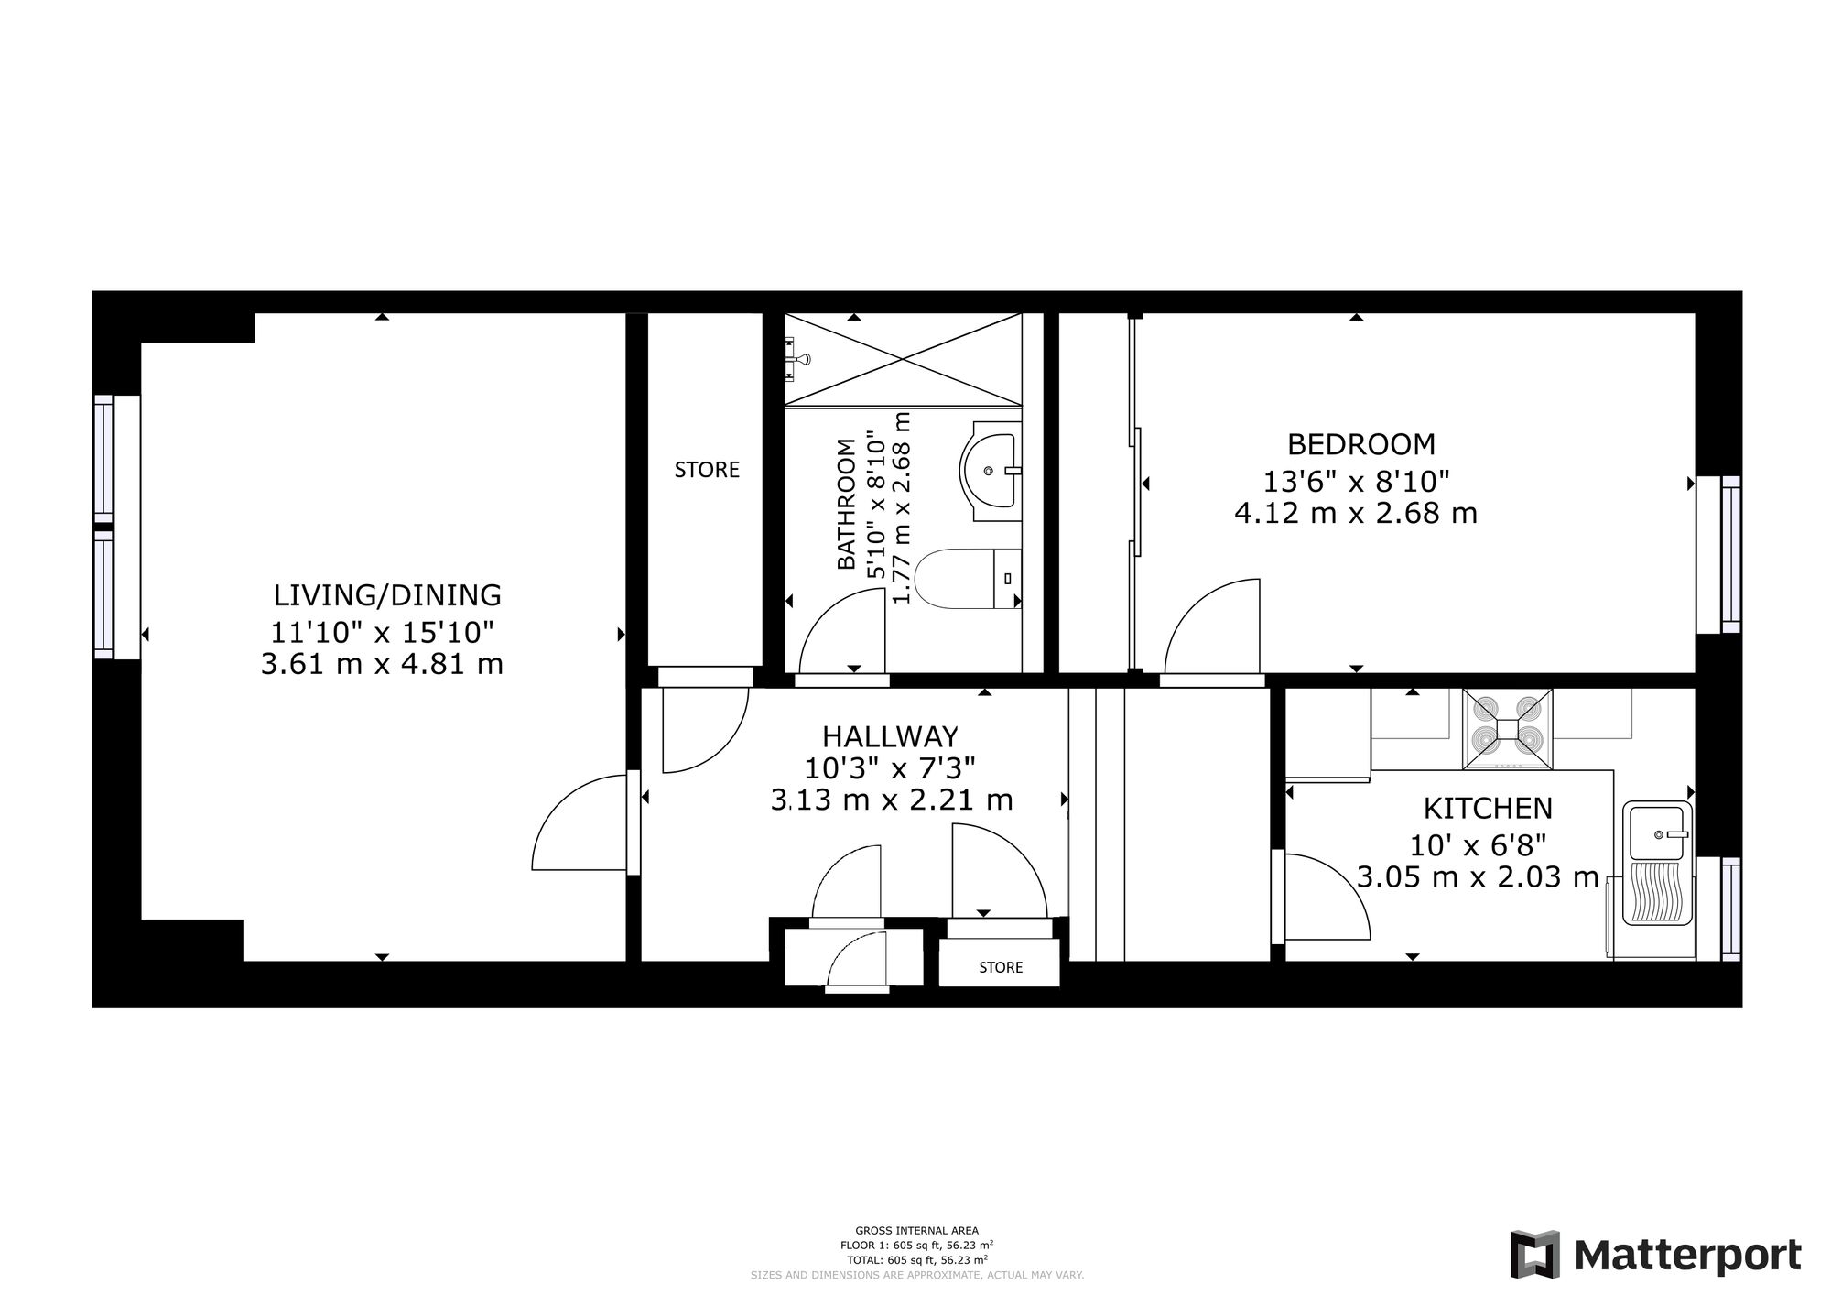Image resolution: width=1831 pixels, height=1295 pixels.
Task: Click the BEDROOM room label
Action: [1360, 444]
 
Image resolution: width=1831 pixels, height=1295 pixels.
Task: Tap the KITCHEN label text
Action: [1488, 809]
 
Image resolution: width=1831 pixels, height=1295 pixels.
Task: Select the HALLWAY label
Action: [890, 736]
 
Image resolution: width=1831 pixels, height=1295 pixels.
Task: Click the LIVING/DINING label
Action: [387, 595]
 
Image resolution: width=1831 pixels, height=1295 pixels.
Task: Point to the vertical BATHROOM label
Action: [847, 504]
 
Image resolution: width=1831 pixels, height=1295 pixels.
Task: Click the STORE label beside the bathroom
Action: [707, 470]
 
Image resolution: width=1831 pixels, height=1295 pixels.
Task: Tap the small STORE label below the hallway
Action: [1001, 967]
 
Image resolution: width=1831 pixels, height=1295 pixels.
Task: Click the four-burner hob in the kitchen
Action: [1507, 729]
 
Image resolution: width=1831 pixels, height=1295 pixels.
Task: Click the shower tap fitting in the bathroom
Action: [796, 358]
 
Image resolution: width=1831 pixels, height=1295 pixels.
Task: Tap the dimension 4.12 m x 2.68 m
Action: [1356, 513]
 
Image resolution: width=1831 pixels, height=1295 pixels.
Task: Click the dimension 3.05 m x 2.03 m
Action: [1478, 877]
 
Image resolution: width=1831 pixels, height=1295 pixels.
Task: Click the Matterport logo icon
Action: [1535, 1254]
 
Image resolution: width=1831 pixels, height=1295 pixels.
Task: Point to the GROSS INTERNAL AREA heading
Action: [916, 1231]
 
